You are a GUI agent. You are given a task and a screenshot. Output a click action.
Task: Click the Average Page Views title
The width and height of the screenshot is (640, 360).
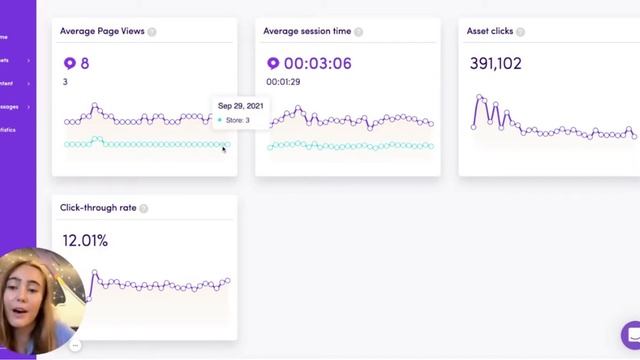tap(103, 31)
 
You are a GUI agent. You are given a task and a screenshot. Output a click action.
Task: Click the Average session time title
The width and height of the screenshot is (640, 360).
tap(307, 31)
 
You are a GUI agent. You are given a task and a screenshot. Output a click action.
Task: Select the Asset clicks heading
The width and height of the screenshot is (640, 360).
tap(489, 31)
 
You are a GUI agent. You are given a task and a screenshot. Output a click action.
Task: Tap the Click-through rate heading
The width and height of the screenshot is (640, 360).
tap(98, 208)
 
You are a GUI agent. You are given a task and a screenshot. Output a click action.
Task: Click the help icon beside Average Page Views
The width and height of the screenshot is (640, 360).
tap(152, 32)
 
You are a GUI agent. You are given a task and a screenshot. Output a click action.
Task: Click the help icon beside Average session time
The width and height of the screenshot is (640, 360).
tap(358, 32)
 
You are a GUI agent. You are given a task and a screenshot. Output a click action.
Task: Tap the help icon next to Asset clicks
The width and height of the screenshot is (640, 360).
tap(520, 32)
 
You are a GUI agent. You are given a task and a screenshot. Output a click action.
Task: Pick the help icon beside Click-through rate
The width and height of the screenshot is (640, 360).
tap(144, 209)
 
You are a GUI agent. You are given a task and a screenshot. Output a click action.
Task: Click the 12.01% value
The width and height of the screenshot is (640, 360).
tap(85, 240)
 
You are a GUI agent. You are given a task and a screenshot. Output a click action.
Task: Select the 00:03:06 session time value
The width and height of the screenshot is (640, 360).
tap(319, 63)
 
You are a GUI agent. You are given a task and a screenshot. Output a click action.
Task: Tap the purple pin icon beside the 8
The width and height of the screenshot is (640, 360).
tap(69, 63)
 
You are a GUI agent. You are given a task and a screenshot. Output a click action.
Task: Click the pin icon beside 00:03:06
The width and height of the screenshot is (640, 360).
tap(272, 63)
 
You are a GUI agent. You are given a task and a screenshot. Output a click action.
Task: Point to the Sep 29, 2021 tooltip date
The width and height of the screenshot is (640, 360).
tap(241, 106)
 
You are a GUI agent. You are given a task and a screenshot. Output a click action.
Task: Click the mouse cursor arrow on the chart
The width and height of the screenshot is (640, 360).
tap(224, 149)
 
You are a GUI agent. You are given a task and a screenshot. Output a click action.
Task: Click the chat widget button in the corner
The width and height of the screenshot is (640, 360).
tap(631, 334)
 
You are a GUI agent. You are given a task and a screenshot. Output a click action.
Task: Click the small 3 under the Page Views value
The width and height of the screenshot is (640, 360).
tap(66, 82)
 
